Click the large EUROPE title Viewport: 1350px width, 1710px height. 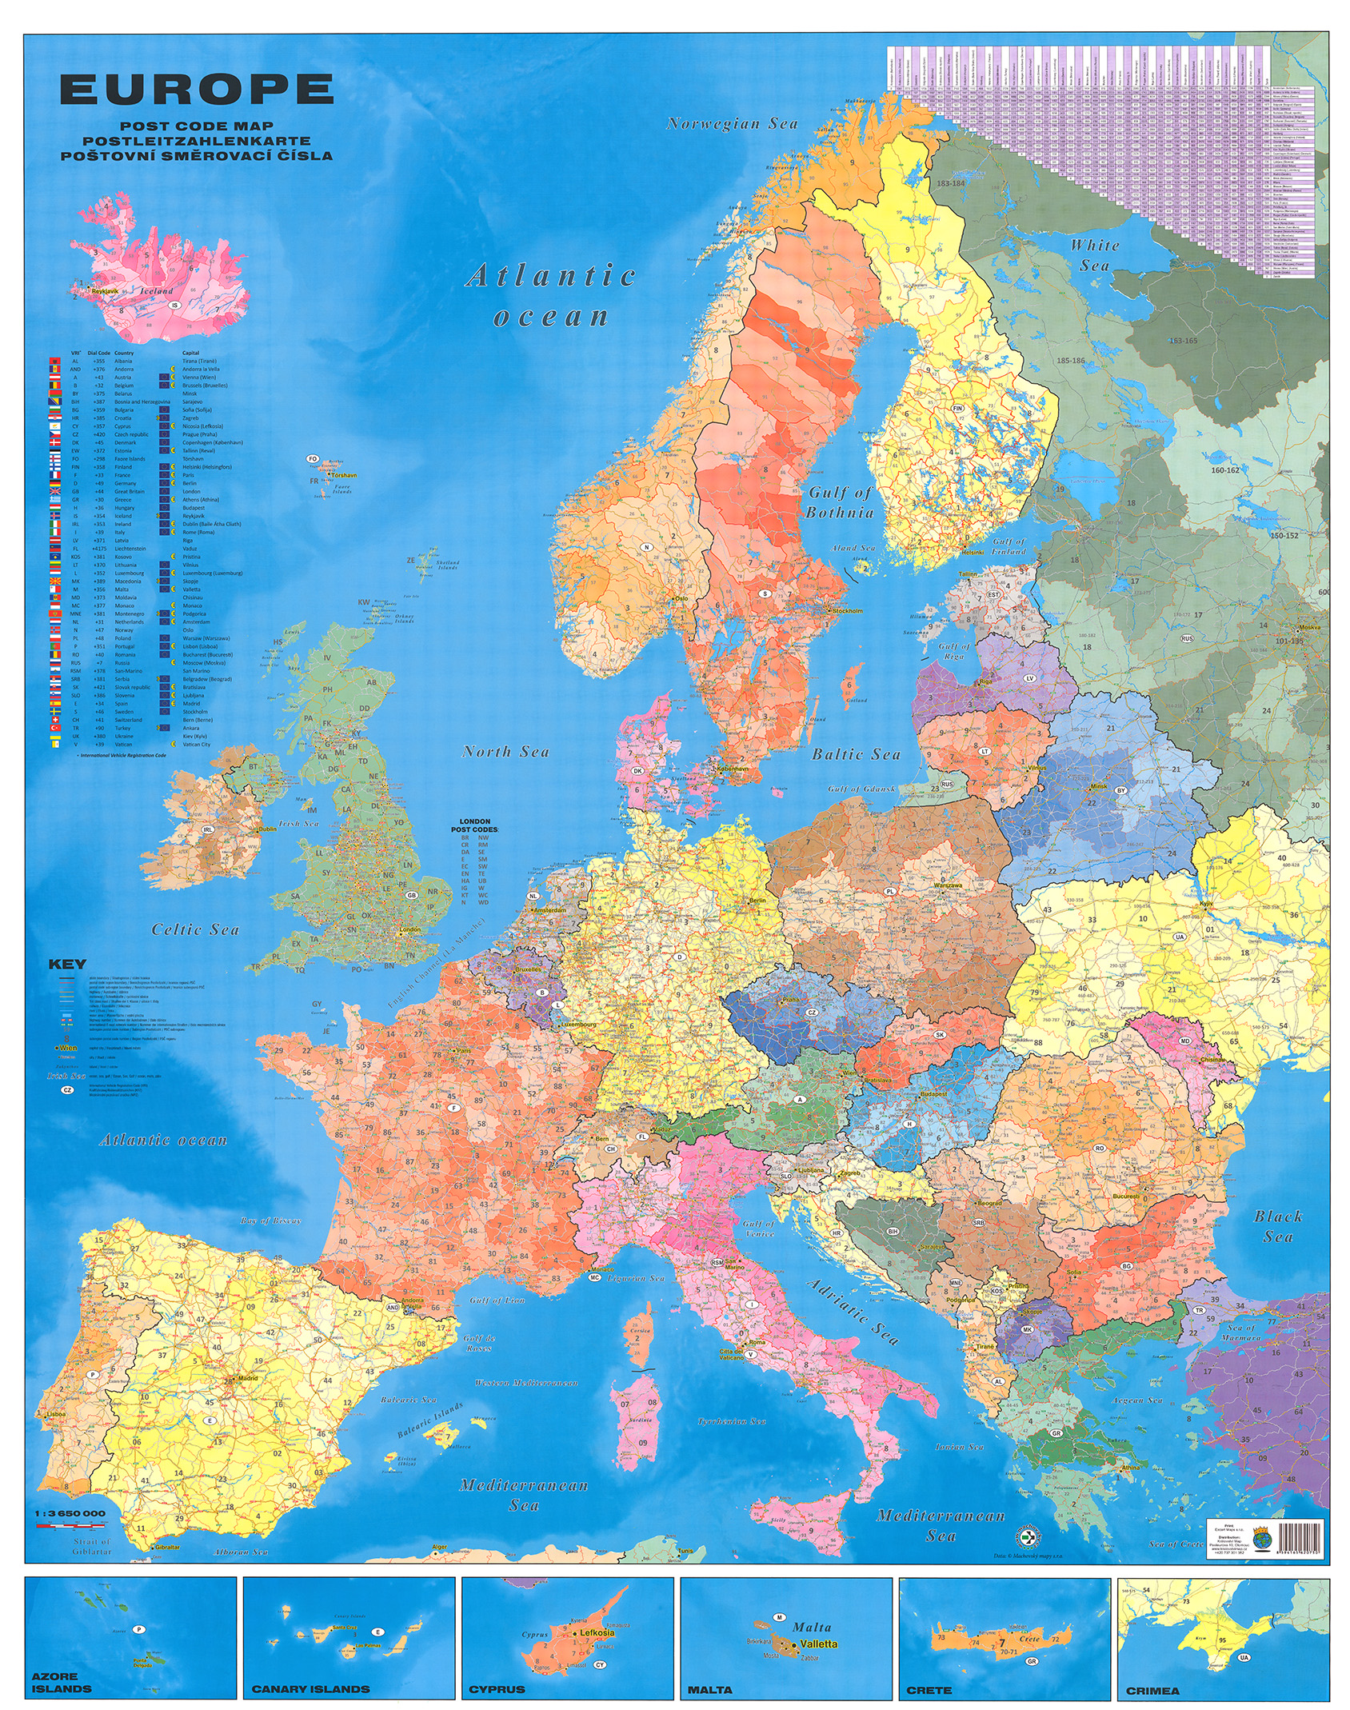196,90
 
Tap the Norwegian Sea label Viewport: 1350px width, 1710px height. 732,124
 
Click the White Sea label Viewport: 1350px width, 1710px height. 1094,255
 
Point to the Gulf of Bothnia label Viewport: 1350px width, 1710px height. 840,503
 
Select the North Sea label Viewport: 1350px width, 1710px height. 505,752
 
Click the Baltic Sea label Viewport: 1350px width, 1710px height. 856,754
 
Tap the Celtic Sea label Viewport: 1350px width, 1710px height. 195,929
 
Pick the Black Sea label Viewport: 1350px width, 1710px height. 1277,1226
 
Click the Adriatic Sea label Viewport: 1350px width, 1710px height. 853,1312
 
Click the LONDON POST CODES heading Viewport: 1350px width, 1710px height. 475,825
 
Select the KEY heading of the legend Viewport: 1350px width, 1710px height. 67,964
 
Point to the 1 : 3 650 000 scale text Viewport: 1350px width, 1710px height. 70,1514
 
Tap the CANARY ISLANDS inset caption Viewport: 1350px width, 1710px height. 310,1689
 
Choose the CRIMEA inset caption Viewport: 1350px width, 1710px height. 1152,1690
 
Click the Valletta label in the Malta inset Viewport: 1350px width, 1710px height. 818,1644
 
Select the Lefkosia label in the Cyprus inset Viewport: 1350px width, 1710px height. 597,1633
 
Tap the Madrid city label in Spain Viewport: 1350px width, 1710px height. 248,1378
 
